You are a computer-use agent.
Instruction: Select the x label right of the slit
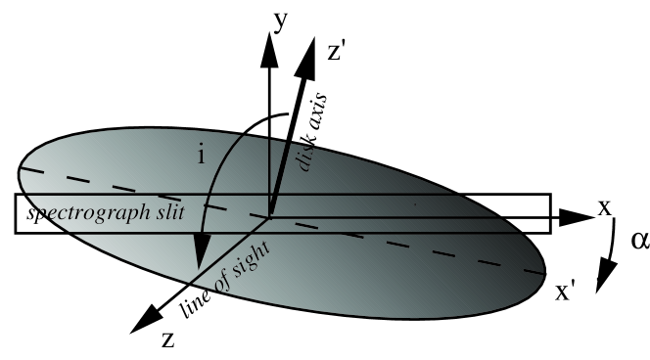tap(604, 208)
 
